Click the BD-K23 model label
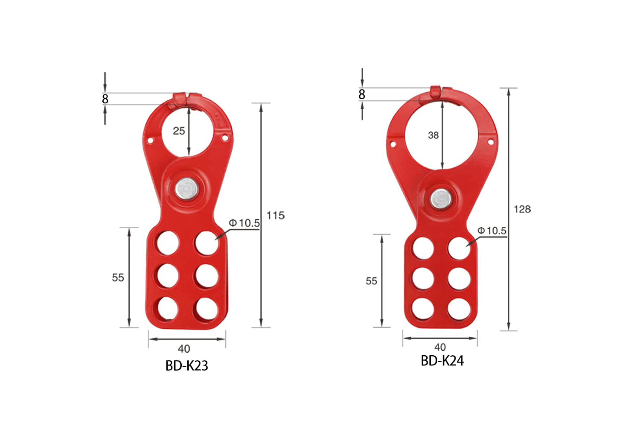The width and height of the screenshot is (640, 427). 186,366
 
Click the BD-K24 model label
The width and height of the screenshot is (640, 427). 442,361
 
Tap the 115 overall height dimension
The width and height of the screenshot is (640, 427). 275,216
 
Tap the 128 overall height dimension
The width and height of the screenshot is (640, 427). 522,209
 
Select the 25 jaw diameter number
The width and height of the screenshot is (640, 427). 179,131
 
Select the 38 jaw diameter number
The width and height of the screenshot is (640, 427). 433,135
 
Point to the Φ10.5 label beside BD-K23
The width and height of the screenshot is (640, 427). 244,223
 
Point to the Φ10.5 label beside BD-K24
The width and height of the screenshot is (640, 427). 492,231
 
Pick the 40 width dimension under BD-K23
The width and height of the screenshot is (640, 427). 184,349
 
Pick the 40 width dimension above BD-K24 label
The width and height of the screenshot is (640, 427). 440,347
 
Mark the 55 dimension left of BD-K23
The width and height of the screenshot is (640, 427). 118,278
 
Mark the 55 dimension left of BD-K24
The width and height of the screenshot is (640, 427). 371,281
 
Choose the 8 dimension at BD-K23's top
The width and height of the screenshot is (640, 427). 105,99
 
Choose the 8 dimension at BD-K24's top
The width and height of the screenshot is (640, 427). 362,94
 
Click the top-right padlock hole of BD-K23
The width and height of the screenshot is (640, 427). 207,243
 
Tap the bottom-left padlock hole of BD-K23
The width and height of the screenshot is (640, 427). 167,308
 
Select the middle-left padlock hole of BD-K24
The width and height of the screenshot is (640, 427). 423,278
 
